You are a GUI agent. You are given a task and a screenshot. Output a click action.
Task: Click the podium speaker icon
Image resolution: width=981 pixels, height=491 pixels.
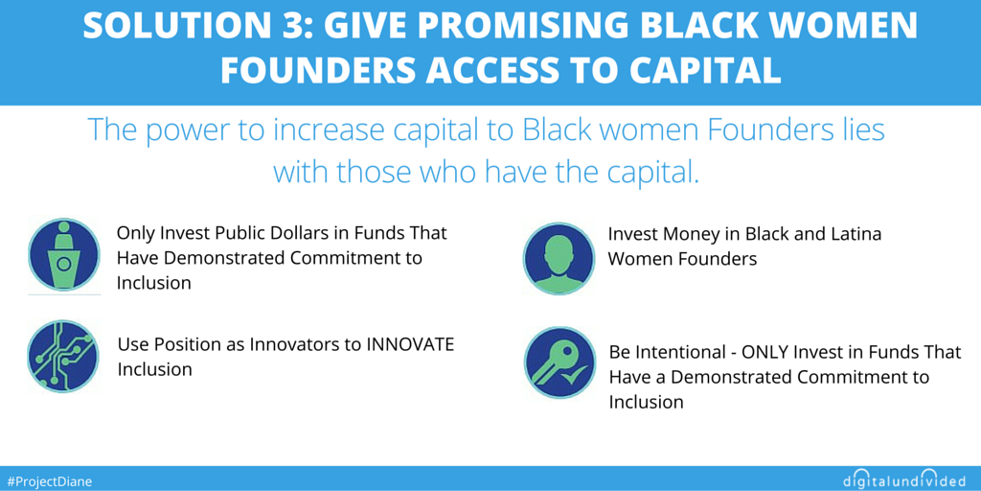coord(64,255)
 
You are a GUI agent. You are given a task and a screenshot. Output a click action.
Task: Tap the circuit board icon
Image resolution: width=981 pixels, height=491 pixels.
coord(63,357)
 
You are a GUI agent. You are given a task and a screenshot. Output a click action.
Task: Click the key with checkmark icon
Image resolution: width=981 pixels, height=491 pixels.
coord(560,362)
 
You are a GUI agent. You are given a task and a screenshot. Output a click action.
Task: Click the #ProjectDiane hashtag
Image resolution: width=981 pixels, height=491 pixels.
coord(48,481)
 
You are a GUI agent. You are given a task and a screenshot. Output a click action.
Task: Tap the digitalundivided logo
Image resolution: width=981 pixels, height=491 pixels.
coord(904,479)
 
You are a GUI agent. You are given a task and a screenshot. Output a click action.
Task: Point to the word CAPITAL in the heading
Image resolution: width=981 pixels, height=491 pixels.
coord(706,70)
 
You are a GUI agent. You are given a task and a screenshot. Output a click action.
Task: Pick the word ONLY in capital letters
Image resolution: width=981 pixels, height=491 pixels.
coord(764,352)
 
